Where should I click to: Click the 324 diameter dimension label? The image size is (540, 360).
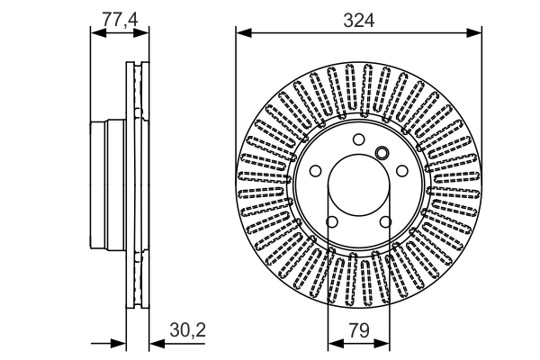pos(357,18)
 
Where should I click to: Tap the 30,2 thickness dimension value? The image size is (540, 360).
pos(187,331)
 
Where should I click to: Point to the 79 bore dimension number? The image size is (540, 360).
pos(357,331)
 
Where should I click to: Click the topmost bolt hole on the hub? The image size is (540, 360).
pos(358,139)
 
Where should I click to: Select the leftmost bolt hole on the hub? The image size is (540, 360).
pos(315,171)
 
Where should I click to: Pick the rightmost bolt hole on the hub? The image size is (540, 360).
pos(401,171)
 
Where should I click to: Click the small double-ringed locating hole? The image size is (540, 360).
pos(381,152)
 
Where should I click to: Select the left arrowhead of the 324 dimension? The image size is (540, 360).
pos(241,33)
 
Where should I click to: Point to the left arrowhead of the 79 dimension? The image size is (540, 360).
pos(332,343)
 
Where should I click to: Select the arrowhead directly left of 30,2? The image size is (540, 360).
pos(155,343)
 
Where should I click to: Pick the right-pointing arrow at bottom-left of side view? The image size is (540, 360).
pos(119,343)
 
